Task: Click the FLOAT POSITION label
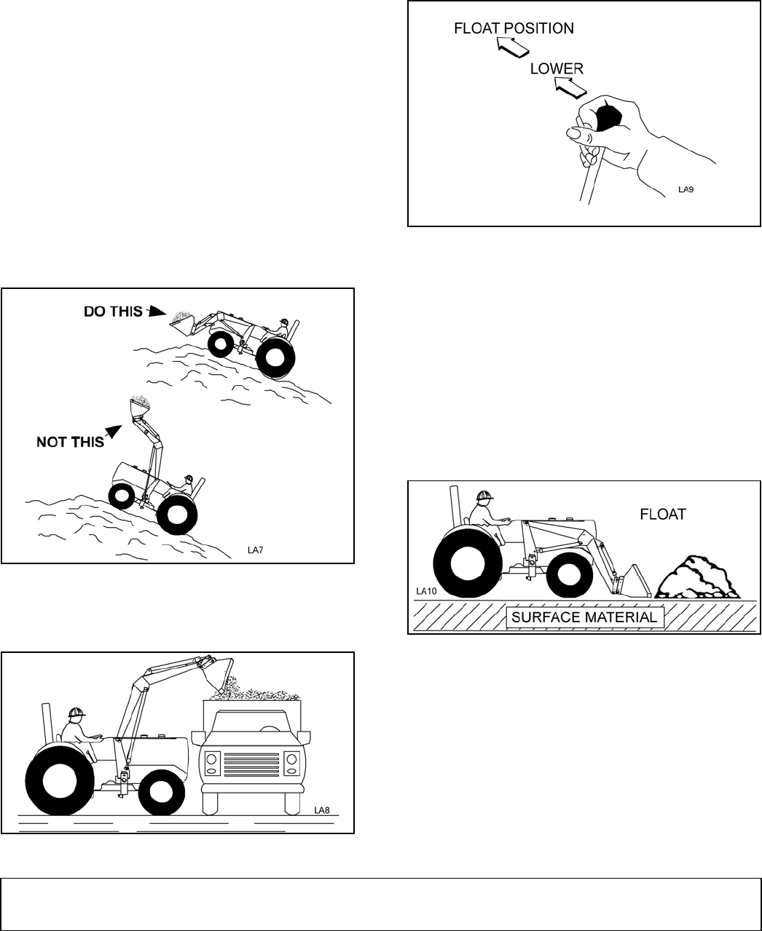click(x=514, y=28)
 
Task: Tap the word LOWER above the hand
click(x=557, y=68)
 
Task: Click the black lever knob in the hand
click(x=607, y=116)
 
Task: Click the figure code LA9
click(x=686, y=190)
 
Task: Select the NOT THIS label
click(x=70, y=442)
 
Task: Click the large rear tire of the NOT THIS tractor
click(x=176, y=514)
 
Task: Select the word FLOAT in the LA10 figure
click(x=662, y=514)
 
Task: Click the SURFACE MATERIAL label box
click(x=585, y=617)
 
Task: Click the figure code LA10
click(x=426, y=591)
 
